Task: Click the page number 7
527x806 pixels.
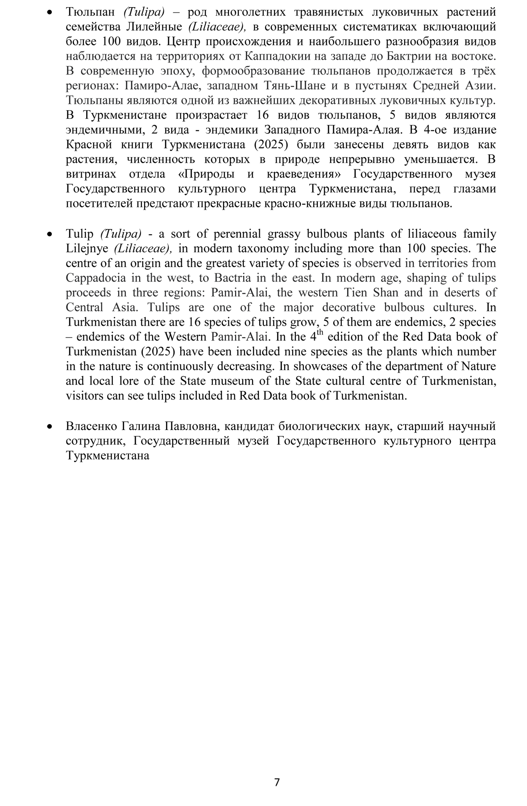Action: (277, 782)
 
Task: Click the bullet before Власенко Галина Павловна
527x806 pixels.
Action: (50, 426)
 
